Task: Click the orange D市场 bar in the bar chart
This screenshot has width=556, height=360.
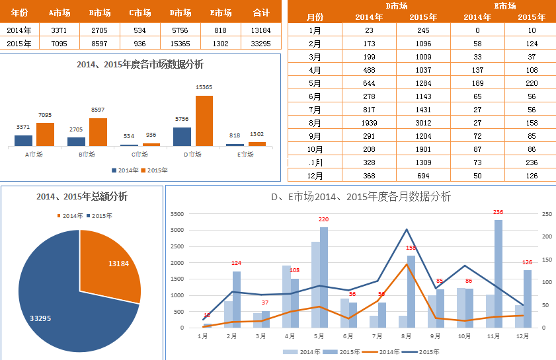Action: click(204, 121)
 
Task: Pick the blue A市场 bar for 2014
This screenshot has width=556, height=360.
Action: click(24, 140)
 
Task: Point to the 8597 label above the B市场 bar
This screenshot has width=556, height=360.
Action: click(97, 110)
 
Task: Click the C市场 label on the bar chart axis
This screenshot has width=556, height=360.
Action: click(139, 155)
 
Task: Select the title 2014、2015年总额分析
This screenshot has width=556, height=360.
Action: click(82, 197)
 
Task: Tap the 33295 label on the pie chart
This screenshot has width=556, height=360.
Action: click(42, 318)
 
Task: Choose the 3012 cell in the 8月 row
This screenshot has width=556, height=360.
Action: click(424, 122)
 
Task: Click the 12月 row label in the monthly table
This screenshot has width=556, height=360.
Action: click(315, 175)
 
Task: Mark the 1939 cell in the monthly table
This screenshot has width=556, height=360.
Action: click(369, 122)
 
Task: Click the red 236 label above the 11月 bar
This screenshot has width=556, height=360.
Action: click(498, 212)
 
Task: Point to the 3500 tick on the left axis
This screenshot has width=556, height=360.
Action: click(177, 214)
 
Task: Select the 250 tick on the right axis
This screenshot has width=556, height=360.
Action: click(545, 214)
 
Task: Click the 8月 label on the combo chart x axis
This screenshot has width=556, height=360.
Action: click(405, 336)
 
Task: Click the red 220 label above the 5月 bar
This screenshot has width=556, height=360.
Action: click(323, 219)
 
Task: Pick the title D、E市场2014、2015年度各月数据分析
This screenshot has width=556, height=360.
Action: click(361, 197)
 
